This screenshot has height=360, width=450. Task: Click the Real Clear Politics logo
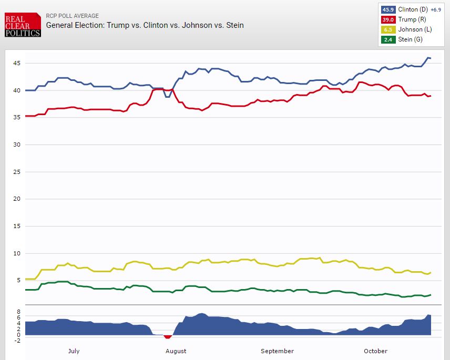pos(23,25)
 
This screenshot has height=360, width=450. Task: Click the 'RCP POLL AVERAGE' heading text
pos(73,16)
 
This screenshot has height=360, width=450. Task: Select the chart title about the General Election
pos(145,25)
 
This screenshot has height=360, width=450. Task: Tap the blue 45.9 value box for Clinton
pos(388,9)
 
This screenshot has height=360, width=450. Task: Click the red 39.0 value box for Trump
pos(388,19)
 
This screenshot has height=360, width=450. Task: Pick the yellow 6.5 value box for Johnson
pos(388,29)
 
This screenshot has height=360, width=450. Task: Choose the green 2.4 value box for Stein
pos(388,39)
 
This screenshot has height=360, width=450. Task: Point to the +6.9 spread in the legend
pos(437,9)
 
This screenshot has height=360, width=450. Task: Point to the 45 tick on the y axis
pos(17,63)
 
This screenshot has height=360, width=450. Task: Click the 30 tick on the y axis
pos(17,145)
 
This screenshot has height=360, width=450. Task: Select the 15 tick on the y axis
pos(17,226)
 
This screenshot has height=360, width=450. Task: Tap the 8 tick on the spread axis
pos(18,312)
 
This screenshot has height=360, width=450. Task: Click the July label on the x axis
pos(74,351)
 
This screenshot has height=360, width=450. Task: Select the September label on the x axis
pos(277,351)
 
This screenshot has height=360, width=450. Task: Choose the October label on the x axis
pos(375,351)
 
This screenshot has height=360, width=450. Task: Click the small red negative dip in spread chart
pos(168,337)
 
